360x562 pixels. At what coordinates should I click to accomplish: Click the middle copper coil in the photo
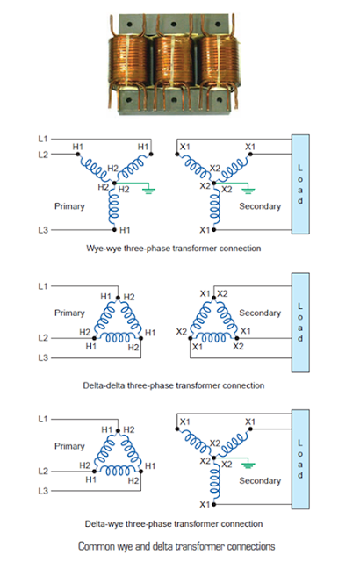coord(179,66)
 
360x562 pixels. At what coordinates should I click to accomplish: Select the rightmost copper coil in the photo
coord(227,66)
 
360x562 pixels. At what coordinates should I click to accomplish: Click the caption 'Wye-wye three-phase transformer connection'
coord(179,249)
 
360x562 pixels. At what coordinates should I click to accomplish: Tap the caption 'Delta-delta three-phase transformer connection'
coord(179,385)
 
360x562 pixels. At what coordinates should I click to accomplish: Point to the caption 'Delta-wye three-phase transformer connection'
coord(179,524)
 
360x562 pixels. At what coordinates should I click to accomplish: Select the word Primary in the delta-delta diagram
coord(69,313)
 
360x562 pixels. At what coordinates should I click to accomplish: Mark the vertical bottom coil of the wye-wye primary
coord(115,207)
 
